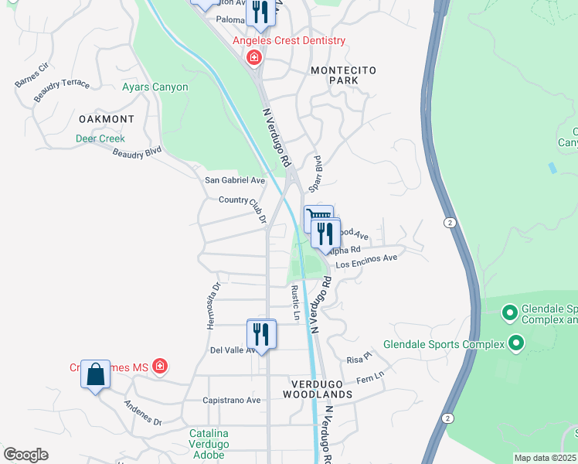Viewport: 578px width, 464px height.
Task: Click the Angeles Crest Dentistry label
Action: click(x=290, y=40)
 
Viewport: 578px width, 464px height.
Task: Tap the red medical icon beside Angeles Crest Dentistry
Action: click(x=253, y=58)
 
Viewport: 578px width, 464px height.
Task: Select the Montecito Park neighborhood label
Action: click(x=343, y=75)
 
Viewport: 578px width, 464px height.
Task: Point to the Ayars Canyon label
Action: click(x=155, y=87)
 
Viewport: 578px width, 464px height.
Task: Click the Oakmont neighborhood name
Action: click(x=107, y=120)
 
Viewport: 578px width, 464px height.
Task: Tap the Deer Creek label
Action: click(x=100, y=139)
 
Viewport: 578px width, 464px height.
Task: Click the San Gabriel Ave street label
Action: click(x=234, y=180)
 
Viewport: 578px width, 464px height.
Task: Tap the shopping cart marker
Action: click(x=318, y=217)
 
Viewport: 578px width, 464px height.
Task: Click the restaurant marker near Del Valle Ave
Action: click(x=260, y=334)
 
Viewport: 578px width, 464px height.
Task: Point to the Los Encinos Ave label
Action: click(x=366, y=262)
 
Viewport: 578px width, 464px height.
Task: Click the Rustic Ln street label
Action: click(x=294, y=303)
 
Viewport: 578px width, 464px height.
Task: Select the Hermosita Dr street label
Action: click(x=213, y=305)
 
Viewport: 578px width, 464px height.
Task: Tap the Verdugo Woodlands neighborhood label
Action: click(x=321, y=389)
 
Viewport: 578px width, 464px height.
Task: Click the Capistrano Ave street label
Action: click(x=231, y=401)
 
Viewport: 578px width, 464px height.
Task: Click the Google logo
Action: click(x=25, y=455)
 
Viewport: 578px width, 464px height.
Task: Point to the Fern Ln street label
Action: click(x=369, y=377)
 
